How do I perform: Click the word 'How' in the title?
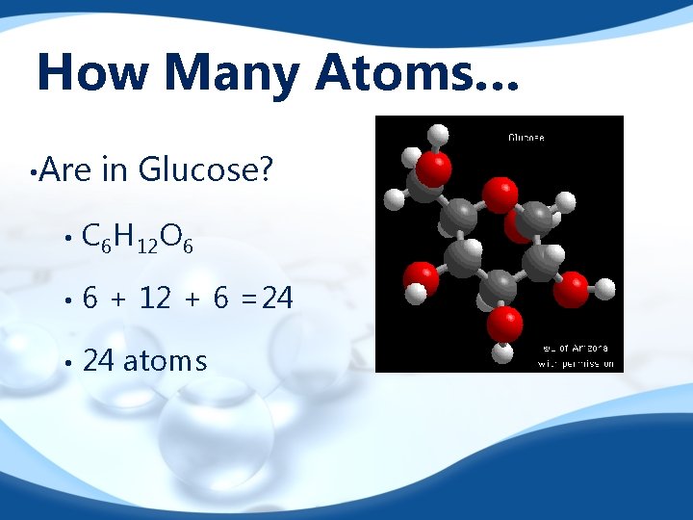[x=84, y=73]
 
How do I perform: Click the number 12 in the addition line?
[x=156, y=299]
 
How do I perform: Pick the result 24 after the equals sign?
[x=277, y=299]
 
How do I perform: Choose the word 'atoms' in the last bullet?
[x=165, y=361]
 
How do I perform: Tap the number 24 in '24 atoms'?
[x=98, y=361]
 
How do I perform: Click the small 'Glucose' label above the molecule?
[x=526, y=138]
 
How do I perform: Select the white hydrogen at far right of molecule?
[x=605, y=287]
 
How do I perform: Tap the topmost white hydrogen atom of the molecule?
[x=438, y=134]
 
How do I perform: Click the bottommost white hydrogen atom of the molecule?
[x=501, y=353]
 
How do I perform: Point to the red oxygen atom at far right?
[x=572, y=287]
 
